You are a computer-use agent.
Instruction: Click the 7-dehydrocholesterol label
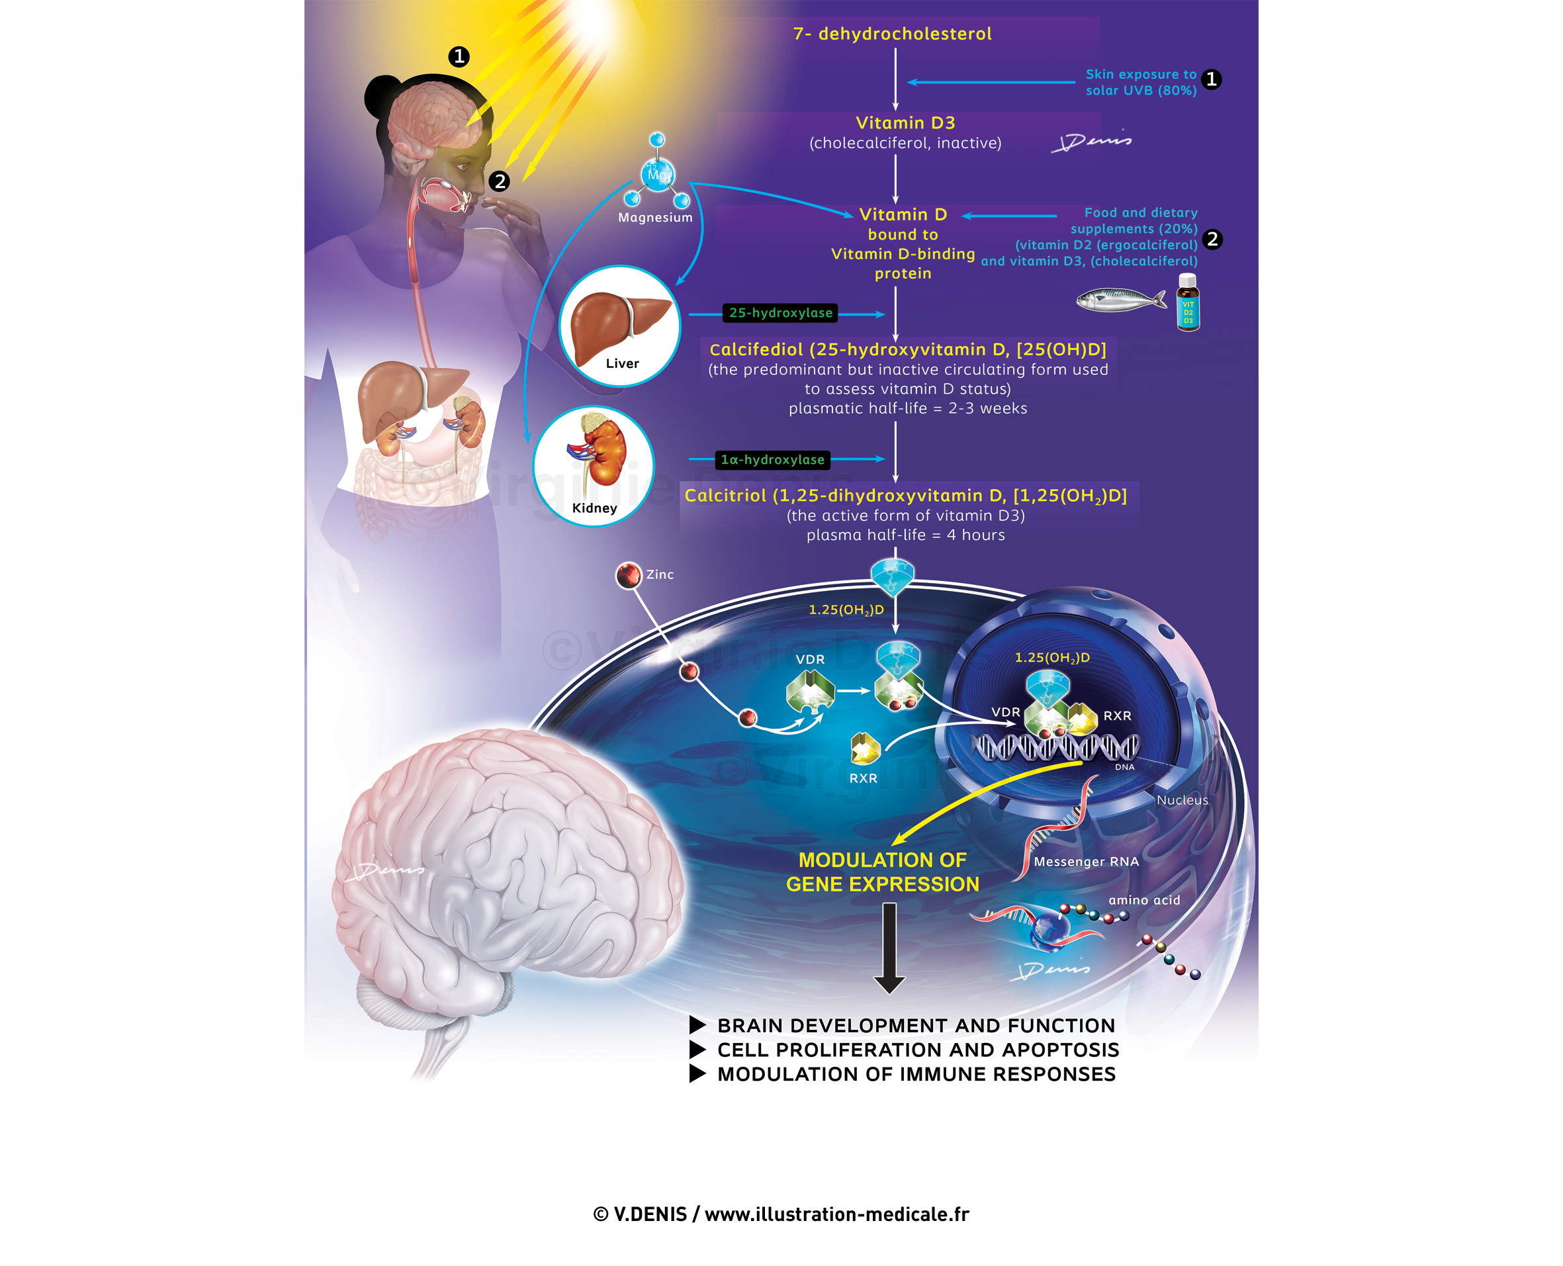pos(891,34)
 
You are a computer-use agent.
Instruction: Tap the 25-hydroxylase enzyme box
pos(780,313)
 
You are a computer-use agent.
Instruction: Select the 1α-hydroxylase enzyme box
pos(772,459)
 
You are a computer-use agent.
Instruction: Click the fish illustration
pos(1119,299)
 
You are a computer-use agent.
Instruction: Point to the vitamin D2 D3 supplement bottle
pos(1188,303)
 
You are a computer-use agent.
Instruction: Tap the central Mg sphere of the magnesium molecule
pos(658,175)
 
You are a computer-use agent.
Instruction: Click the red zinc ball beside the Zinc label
pos(628,575)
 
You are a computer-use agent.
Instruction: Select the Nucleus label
pos(1182,800)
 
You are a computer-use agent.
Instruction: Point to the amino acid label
pos(1144,900)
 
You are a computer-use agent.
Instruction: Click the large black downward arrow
pos(889,948)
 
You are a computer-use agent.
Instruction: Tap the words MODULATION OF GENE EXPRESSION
pos(882,872)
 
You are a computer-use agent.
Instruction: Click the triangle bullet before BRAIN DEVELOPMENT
pos(697,1025)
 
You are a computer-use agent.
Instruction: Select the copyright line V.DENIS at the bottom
pos(781,1214)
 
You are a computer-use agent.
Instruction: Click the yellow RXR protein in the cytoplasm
pos(865,748)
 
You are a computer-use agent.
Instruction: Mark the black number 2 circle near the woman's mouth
pos(500,181)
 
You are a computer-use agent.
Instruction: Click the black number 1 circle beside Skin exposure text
pos(1211,79)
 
